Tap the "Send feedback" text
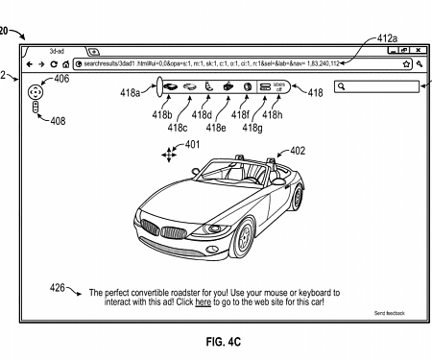[389, 313]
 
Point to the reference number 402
[297, 151]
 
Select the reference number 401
[193, 145]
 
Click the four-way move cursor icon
[170, 154]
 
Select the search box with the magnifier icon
[377, 86]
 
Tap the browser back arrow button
[30, 63]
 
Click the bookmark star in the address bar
[406, 64]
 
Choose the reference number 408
[57, 121]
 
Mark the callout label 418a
[129, 94]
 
